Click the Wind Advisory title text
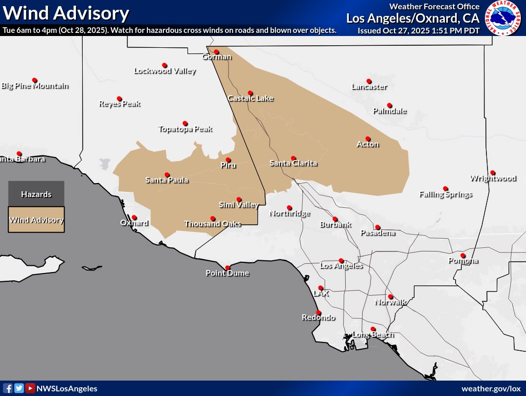click(66, 13)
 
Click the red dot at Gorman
click(216, 51)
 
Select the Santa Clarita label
click(293, 164)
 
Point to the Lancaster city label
click(369, 87)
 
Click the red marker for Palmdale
click(389, 105)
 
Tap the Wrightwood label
click(493, 178)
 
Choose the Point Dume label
click(228, 273)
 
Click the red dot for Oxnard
click(134, 218)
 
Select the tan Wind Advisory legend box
click(36, 220)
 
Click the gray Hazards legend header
click(36, 194)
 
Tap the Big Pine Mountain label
click(35, 86)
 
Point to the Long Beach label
click(373, 335)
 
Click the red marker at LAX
click(321, 288)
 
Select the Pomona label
click(463, 261)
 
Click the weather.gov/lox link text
click(491, 389)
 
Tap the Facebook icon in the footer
click(8, 389)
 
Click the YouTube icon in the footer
click(30, 389)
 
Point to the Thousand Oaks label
click(213, 224)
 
